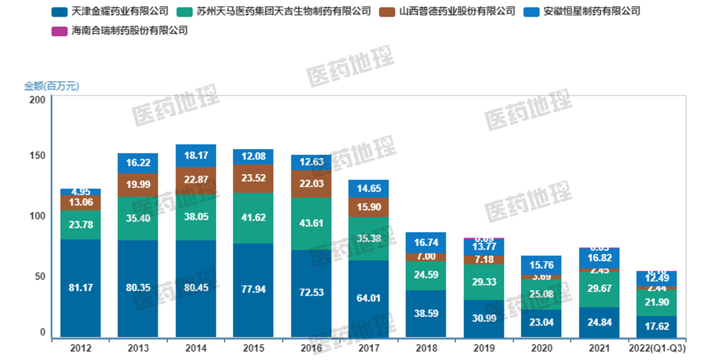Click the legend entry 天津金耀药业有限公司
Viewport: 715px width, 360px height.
[x=110, y=11]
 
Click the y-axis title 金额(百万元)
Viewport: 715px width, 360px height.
[x=52, y=86]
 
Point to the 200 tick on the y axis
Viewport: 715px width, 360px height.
[x=38, y=100]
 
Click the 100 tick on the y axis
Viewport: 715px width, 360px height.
[x=38, y=216]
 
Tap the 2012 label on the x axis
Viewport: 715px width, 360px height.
[x=80, y=349]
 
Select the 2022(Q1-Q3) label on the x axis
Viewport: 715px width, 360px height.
[x=657, y=349]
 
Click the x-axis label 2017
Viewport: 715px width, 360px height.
[x=369, y=349]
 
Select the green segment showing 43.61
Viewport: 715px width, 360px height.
[x=311, y=223]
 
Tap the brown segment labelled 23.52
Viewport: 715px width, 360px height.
[x=254, y=178]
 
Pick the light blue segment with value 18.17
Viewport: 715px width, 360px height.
[x=196, y=156]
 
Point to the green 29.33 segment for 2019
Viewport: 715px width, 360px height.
[x=484, y=282]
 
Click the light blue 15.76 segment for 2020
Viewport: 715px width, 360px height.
[x=542, y=265]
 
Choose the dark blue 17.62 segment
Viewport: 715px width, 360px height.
[x=657, y=327]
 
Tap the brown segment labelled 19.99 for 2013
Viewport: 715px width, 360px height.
[x=138, y=185]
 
